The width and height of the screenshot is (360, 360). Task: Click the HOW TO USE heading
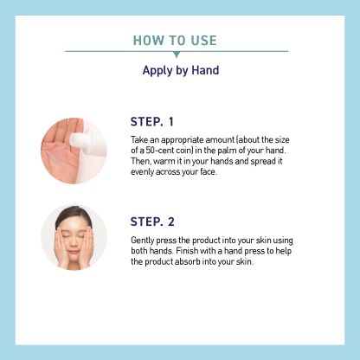click(x=175, y=41)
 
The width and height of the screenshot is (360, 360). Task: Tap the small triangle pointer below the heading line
click(x=177, y=55)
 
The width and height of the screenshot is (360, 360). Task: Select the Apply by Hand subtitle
click(x=181, y=71)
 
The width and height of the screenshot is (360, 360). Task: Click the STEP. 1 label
click(x=152, y=122)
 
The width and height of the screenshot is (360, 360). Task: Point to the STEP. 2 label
click(x=152, y=222)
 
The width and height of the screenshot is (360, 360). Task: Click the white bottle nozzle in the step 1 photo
click(x=78, y=140)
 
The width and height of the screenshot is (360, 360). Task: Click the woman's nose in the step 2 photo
click(x=74, y=243)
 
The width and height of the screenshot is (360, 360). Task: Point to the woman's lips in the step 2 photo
click(x=74, y=252)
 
